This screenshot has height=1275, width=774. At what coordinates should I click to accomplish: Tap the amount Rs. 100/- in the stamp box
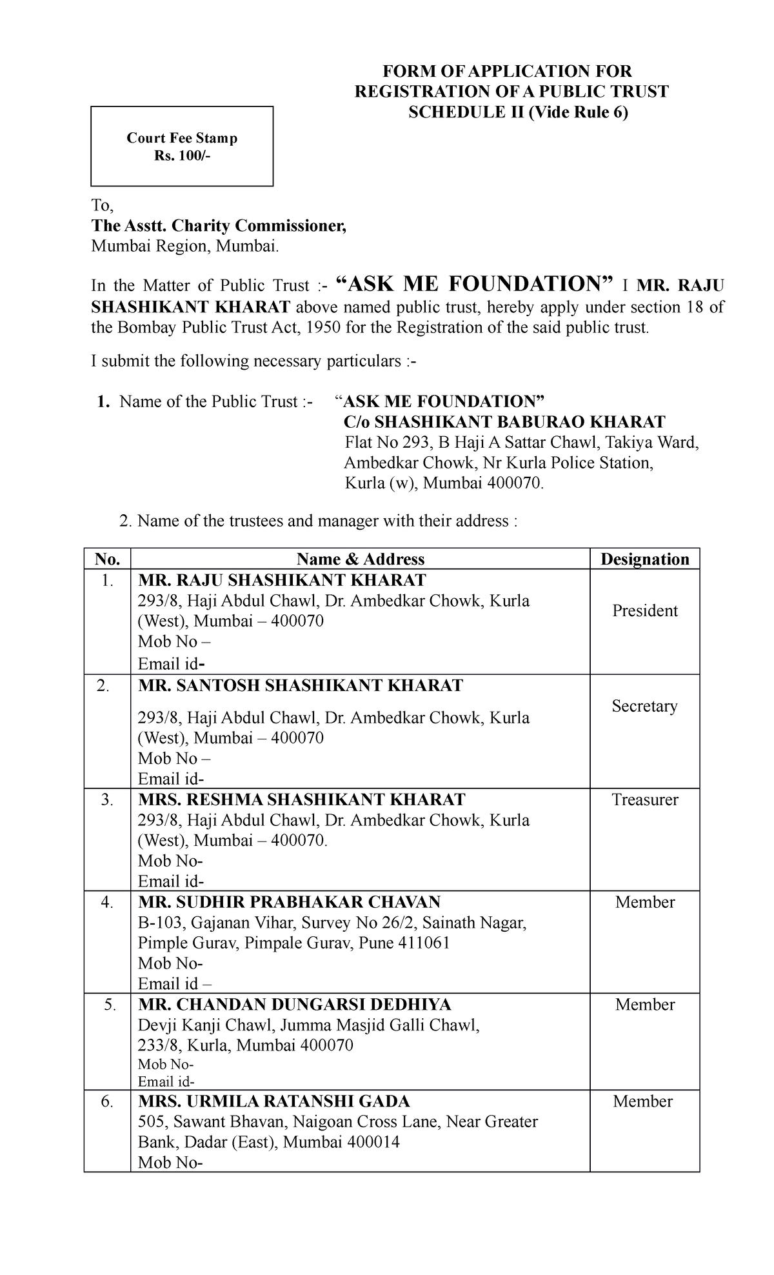[182, 155]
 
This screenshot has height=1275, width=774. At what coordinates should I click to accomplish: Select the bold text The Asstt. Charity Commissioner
[219, 226]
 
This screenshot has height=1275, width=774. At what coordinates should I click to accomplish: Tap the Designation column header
[644, 559]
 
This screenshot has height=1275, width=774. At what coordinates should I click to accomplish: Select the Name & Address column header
[360, 559]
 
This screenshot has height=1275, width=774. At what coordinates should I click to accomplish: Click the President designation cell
[644, 610]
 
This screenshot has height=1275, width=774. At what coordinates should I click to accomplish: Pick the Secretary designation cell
[644, 706]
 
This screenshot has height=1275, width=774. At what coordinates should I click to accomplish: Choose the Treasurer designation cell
[644, 800]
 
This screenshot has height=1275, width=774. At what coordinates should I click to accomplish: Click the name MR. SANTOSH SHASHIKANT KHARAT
[301, 685]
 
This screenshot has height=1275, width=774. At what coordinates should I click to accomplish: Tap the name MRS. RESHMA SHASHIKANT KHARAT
[301, 800]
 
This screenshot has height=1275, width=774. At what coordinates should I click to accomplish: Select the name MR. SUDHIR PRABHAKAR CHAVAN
[289, 902]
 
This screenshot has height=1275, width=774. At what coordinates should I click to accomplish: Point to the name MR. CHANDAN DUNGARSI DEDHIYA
[295, 1005]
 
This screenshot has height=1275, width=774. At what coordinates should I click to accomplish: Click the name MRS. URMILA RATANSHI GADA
[274, 1101]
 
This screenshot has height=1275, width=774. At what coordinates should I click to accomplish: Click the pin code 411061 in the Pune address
[424, 943]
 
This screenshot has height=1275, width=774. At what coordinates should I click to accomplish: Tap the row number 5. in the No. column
[108, 1005]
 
